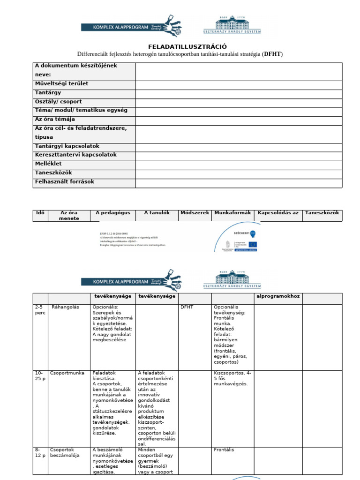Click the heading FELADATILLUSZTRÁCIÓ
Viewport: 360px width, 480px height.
click(x=187, y=46)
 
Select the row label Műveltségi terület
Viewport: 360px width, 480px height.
click(x=62, y=84)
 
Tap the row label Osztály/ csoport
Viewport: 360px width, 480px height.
click(x=59, y=102)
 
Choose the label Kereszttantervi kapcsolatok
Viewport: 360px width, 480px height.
click(x=76, y=155)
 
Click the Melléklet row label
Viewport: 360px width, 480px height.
click(x=48, y=164)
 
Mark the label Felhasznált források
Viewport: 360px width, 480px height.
click(x=65, y=181)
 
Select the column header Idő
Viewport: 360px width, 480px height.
click(x=40, y=213)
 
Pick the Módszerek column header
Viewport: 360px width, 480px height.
click(x=195, y=213)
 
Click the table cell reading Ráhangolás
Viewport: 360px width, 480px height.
click(x=65, y=307)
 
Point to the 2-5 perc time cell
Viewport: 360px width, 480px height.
click(x=40, y=310)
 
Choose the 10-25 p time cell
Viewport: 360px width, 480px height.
click(x=40, y=375)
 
